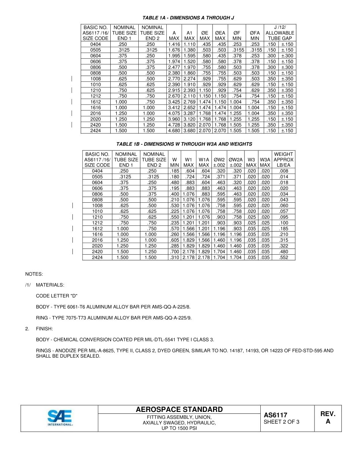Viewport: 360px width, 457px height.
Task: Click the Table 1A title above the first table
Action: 185,18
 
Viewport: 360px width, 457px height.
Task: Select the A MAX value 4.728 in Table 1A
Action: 174,125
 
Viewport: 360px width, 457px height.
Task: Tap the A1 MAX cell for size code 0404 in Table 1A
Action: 189,44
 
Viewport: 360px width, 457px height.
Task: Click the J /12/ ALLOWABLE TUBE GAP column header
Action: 280,33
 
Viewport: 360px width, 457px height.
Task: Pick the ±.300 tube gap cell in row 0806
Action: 287,67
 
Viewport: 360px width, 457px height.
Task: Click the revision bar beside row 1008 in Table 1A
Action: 72,78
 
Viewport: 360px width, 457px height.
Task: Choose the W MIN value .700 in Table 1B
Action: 174,252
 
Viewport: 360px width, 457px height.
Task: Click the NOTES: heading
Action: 34,274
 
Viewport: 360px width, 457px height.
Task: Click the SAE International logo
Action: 60,418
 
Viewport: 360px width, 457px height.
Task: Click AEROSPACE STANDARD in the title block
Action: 179,410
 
